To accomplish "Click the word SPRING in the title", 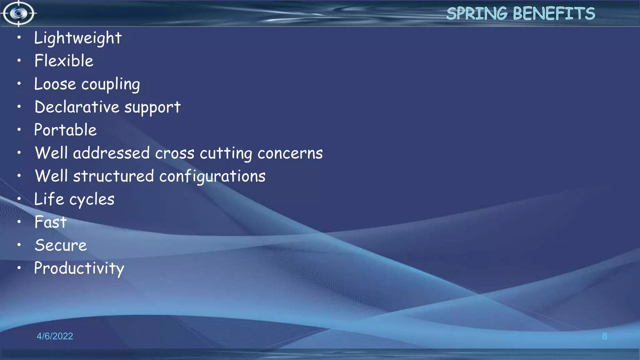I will pos(477,14).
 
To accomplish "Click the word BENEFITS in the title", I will pos(554,14).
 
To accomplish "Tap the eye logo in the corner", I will pos(18,13).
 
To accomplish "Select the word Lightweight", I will pos(78,38).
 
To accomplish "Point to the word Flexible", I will pos(64,61).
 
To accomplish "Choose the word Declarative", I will pos(77,107).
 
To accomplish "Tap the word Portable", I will pos(65,130).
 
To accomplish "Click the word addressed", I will pos(111,153).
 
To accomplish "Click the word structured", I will pos(113,176).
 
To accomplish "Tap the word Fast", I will pos(51,222).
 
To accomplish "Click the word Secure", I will pos(61,245).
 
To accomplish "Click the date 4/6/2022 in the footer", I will pos(55,336).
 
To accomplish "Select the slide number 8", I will pos(604,336).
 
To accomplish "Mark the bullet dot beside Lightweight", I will pos(19,37).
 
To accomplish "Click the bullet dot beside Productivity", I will pos(19,268).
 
